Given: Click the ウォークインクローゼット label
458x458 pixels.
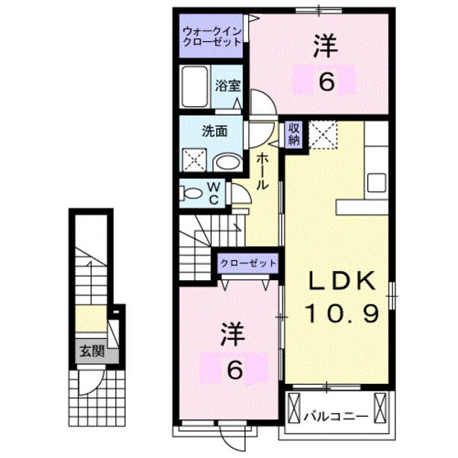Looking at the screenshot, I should point(212,36).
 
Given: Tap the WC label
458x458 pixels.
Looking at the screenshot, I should point(214,193).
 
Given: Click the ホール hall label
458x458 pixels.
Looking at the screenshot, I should point(261,171).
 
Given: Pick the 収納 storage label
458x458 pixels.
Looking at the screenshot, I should point(294,135).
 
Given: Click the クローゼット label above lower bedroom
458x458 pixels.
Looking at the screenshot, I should point(248,263).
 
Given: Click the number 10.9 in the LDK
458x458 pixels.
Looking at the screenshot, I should point(341,313).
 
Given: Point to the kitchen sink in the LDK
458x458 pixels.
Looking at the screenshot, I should point(376,182).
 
